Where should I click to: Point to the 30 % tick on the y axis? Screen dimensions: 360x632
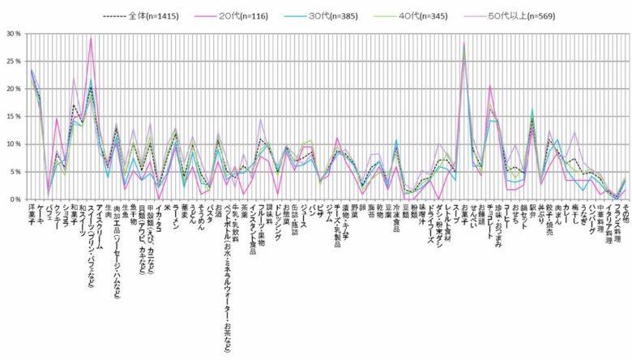click(x=12, y=34)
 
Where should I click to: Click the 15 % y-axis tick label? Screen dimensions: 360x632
click(x=12, y=117)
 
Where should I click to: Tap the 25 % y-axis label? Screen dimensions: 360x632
click(x=12, y=62)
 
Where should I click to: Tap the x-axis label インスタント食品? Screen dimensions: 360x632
click(x=251, y=231)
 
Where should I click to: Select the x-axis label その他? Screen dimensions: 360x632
click(x=625, y=212)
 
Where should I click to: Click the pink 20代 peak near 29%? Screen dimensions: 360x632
click(x=91, y=39)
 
